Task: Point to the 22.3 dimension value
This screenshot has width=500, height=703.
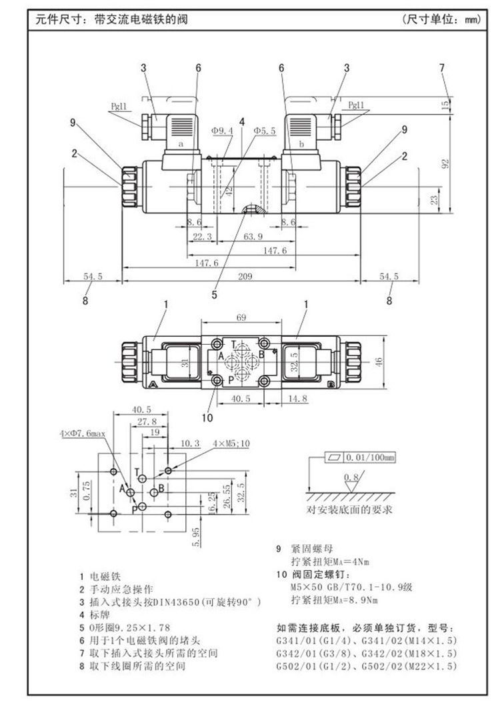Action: pos(199,236)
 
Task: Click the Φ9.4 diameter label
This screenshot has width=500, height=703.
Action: pos(222,131)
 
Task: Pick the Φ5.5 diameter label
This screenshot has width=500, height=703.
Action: pos(264,131)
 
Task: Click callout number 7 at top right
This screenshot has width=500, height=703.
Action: pos(441,67)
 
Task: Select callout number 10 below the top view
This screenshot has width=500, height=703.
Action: pos(207,418)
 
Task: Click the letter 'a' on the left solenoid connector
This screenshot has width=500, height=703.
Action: pos(180,144)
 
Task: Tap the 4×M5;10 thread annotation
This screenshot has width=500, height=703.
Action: pos(231,444)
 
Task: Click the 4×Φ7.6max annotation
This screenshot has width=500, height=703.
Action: pos(81,434)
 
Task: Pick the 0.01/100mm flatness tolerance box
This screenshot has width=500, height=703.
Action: pos(360,458)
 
